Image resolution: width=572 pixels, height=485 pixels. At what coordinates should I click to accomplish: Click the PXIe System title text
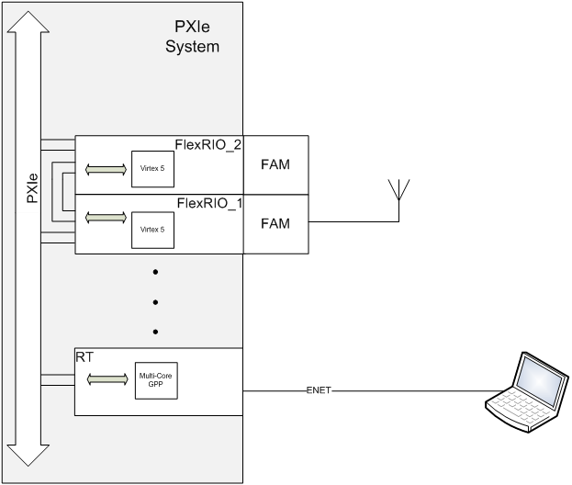click(193, 37)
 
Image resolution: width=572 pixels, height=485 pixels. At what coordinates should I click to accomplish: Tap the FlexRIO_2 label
click(207, 144)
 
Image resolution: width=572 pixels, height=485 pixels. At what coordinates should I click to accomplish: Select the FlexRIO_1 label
click(207, 202)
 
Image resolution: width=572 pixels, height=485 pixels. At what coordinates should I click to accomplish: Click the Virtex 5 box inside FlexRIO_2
click(152, 169)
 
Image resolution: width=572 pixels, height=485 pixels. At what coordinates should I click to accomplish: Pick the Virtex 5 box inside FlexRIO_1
click(152, 227)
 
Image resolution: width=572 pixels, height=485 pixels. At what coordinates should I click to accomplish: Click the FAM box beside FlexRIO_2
click(275, 165)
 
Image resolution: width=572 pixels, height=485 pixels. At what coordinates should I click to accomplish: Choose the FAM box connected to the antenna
click(275, 223)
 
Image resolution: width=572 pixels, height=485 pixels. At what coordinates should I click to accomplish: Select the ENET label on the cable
click(318, 391)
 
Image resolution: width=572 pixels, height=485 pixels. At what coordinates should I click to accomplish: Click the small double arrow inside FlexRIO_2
click(104, 169)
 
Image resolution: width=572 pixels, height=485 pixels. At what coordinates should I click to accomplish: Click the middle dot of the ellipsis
click(155, 302)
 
